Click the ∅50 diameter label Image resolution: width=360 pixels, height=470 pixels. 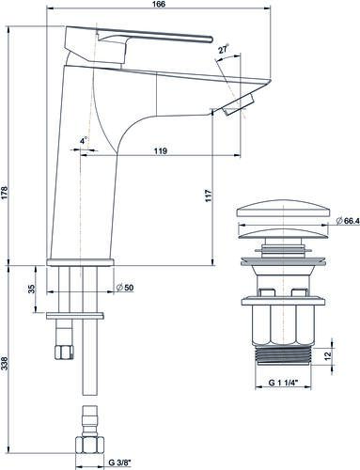[x=122, y=287]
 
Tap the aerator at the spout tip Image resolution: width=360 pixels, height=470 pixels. [x=241, y=104]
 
